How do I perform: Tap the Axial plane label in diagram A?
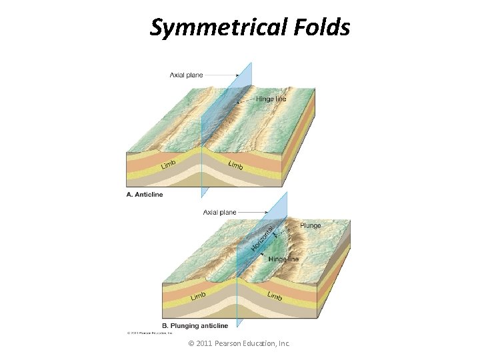tap(187, 75)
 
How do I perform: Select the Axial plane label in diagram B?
tap(220, 212)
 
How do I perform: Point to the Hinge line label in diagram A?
tap(271, 99)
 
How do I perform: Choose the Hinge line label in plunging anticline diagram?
tap(283, 259)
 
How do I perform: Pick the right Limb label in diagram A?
tap(235, 165)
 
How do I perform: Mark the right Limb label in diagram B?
tap(275, 295)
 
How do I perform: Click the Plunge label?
tap(310, 226)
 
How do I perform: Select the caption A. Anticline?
tap(144, 195)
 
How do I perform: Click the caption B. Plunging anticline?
tap(195, 326)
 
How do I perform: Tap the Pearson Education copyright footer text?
tap(239, 344)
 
